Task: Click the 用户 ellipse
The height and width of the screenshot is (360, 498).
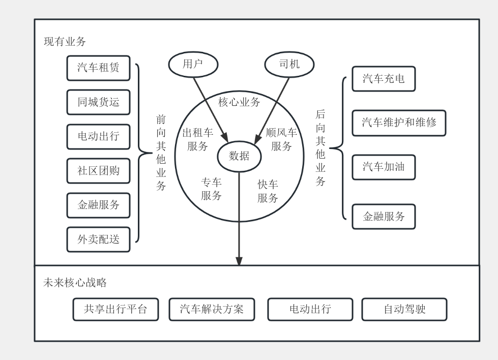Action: coord(193,65)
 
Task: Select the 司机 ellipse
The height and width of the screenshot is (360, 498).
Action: coord(289,65)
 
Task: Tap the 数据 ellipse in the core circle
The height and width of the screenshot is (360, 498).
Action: coord(239,157)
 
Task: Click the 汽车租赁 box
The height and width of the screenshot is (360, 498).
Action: coord(99,68)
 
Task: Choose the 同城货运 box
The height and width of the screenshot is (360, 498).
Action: coord(99,102)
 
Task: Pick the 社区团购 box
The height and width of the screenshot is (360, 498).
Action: coord(99,171)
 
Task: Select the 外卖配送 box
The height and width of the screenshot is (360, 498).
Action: coord(99,239)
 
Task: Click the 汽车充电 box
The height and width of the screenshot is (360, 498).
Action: coord(384,79)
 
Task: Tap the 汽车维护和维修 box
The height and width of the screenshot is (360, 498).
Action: coord(399,123)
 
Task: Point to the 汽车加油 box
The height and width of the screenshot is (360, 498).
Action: coord(384,167)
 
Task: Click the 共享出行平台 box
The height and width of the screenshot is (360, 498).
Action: coord(115,309)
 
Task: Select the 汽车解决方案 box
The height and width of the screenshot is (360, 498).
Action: coord(212,309)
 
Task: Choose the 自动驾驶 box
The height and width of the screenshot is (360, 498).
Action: coord(404,309)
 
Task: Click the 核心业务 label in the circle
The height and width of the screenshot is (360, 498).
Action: coord(239,102)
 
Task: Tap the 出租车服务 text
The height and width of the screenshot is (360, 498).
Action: coord(197,139)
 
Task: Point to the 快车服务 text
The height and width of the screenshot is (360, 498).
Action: coord(268,191)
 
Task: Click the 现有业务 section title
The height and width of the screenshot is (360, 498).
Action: coord(65,42)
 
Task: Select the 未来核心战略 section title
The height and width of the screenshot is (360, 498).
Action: coord(75,283)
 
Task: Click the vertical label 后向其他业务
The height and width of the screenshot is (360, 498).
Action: coord(320,147)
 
